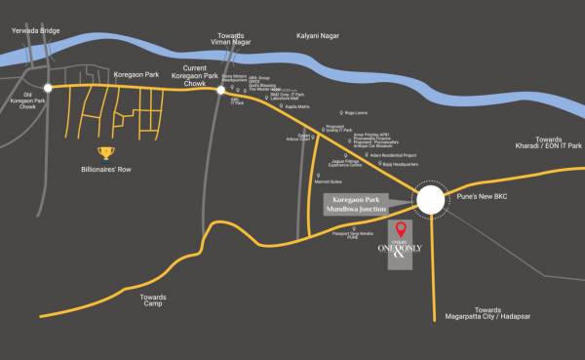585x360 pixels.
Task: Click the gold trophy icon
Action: pos(104,152)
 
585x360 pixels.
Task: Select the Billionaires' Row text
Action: pos(103,170)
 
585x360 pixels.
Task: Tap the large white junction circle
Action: pos(431,200)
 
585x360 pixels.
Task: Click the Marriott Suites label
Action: pos(328,181)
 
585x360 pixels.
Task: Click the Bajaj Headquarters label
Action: pos(400,164)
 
